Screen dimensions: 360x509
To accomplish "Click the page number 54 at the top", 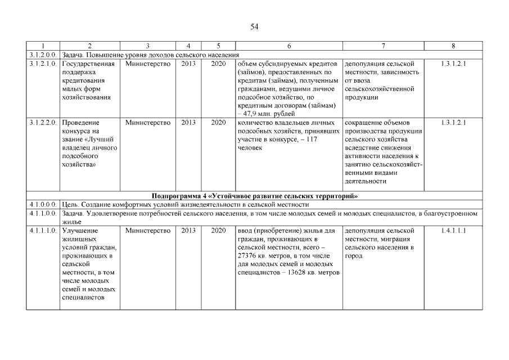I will coord(254,26).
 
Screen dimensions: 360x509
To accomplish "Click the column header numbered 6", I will coord(289,46).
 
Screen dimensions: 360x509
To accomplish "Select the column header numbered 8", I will coord(453,46).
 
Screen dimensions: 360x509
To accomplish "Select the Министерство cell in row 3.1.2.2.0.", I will coord(148,122).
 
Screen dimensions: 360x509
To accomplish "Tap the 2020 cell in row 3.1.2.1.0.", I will coord(218,64).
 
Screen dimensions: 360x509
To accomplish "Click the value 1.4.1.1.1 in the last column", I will coord(453,231).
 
